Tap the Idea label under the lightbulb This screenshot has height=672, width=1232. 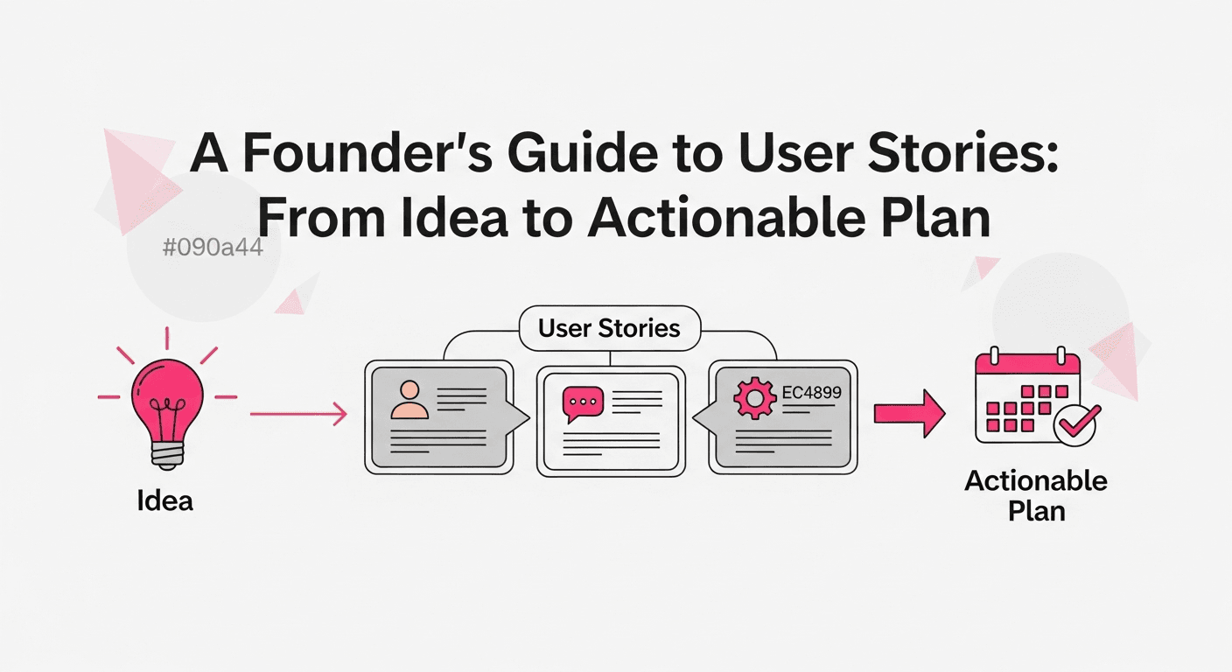(x=165, y=500)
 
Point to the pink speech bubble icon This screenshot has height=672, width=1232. (x=582, y=403)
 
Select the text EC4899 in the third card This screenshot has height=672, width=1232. (x=811, y=393)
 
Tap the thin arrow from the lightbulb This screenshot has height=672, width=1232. (x=298, y=414)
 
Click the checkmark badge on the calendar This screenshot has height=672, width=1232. (x=1076, y=426)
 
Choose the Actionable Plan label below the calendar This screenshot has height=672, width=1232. (x=1036, y=495)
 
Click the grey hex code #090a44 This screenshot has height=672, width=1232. (x=213, y=248)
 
